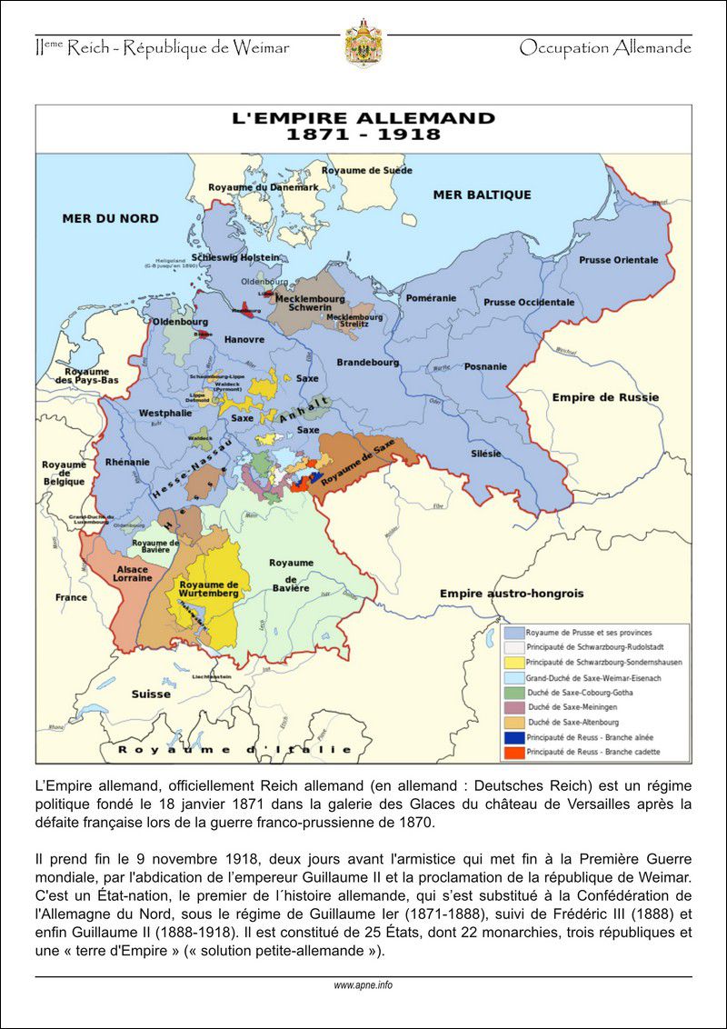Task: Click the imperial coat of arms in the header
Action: pyautogui.click(x=363, y=45)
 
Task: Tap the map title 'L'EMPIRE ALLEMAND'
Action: pyautogui.click(x=363, y=118)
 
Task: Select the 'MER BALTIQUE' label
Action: pyautogui.click(x=482, y=195)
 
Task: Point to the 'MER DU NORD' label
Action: pyautogui.click(x=110, y=218)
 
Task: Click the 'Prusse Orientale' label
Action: pyautogui.click(x=618, y=260)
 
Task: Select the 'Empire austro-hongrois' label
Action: pyautogui.click(x=512, y=594)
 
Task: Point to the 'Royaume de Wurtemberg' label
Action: pyautogui.click(x=209, y=588)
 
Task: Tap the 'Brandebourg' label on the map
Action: pyautogui.click(x=367, y=362)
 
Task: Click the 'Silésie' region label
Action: pyautogui.click(x=485, y=453)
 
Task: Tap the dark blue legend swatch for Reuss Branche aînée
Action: pyautogui.click(x=513, y=737)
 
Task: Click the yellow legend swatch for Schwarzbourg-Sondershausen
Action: pyautogui.click(x=513, y=663)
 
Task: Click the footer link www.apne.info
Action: pyautogui.click(x=363, y=984)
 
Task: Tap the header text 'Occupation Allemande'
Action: pyautogui.click(x=605, y=48)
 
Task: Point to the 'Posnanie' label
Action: pyautogui.click(x=485, y=366)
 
